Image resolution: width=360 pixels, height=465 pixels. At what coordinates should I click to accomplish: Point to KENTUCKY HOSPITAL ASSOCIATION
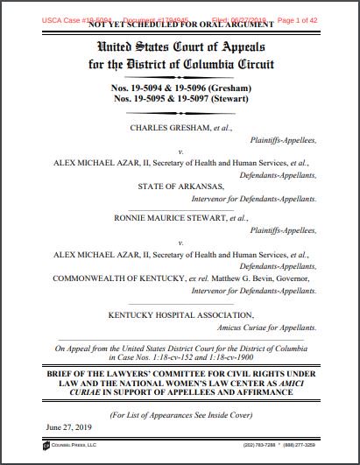pos(180,314)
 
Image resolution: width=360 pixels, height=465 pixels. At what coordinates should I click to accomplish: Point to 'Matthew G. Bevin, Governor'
pos(248,277)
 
